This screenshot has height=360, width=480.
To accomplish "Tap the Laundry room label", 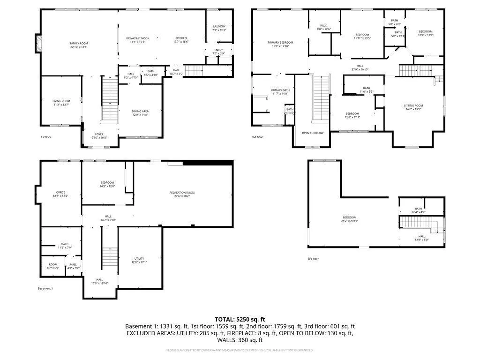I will (x=219, y=27).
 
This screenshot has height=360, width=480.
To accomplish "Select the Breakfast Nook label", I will (x=137, y=38).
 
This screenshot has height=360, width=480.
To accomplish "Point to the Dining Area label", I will (x=140, y=111).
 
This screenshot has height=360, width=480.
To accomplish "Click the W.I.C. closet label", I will (x=324, y=26).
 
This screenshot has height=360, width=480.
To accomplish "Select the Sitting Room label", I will (x=413, y=105).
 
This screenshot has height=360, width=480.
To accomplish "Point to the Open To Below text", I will (x=313, y=133).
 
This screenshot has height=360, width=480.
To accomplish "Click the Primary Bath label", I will (x=280, y=90).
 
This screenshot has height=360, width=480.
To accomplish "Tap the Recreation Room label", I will (x=182, y=193).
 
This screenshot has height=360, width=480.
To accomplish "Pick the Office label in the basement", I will (x=60, y=193).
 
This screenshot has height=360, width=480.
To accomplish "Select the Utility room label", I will (x=139, y=259).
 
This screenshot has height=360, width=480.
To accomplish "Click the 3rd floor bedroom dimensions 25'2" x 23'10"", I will (x=349, y=221).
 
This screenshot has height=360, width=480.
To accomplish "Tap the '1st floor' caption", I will (x=46, y=137).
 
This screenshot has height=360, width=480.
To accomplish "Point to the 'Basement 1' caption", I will (x=45, y=288).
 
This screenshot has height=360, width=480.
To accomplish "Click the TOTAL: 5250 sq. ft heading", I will (x=240, y=318).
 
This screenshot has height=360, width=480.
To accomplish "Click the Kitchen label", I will (x=181, y=38).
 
